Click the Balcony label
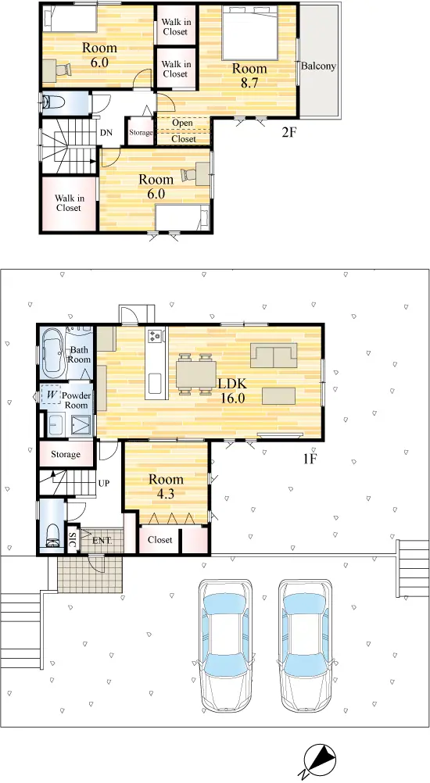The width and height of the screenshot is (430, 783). [x=318, y=66]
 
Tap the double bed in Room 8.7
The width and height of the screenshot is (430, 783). [x=249, y=33]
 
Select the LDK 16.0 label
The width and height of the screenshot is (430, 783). [x=232, y=391]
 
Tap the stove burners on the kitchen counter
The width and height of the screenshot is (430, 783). [x=156, y=335]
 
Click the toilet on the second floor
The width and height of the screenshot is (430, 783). [x=53, y=102]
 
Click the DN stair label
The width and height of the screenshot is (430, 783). [x=106, y=133]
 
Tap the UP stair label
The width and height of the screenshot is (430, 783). [x=104, y=484]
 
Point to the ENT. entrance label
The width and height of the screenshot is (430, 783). [x=102, y=541]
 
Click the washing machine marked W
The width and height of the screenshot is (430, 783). [x=51, y=395]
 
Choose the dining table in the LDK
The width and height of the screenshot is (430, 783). [x=195, y=374]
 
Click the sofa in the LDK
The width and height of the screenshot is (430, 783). [x=274, y=355]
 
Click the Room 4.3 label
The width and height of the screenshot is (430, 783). [x=166, y=487]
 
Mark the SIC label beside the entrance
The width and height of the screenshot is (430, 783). [x=71, y=540]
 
